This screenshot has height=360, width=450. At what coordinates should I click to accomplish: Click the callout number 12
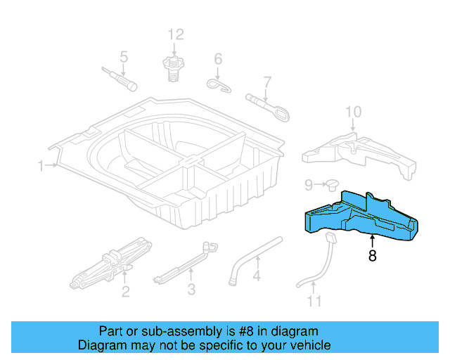click(175, 34)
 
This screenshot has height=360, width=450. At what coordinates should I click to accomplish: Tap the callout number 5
click(124, 56)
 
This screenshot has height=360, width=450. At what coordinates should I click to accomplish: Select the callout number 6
click(218, 58)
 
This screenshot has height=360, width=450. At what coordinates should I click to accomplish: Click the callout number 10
click(353, 111)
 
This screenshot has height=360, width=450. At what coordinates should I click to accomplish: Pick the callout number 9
click(308, 185)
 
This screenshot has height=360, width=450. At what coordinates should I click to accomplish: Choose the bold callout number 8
click(372, 257)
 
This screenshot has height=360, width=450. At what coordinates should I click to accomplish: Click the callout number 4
click(257, 276)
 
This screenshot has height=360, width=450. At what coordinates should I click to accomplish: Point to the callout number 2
click(125, 292)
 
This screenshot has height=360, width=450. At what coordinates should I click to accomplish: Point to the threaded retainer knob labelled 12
click(173, 67)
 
